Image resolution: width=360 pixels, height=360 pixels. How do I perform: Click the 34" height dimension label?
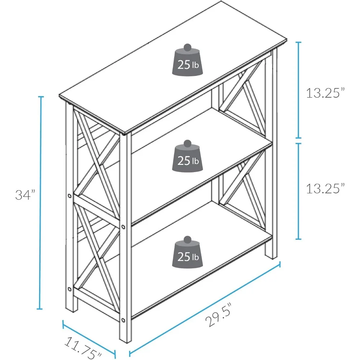tap(25, 195)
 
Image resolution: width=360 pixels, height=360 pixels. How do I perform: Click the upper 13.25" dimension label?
tap(325, 93)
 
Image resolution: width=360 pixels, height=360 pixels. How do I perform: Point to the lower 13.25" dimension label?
tap(325, 188)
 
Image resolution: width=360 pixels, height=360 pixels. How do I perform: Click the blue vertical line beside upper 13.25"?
tap(298, 90)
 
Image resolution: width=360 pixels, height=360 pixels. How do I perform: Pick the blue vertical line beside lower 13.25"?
tap(298, 191)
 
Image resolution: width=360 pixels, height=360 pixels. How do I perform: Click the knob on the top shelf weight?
tap(188, 47)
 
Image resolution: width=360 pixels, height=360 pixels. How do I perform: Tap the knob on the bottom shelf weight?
tap(187, 239)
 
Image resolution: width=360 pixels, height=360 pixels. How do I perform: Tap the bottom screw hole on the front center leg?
tap(123, 320)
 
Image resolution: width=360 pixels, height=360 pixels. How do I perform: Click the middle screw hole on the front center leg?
tap(123, 227)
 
